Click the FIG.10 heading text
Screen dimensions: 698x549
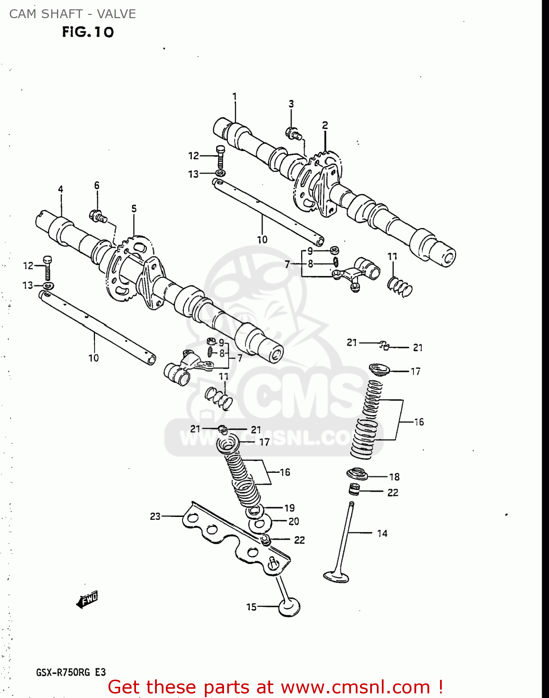(88, 32)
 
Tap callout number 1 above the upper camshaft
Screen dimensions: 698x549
(235, 97)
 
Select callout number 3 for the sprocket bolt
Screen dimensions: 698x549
(291, 104)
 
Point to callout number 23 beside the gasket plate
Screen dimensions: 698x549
(155, 516)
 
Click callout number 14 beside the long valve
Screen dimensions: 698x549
(382, 533)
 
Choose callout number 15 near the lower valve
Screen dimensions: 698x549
(251, 607)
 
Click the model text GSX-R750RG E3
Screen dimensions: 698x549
(71, 672)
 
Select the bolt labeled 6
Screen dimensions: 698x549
(98, 216)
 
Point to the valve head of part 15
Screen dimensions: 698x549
(289, 608)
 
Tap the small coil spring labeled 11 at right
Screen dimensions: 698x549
(400, 286)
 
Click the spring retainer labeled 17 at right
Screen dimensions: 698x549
(382, 370)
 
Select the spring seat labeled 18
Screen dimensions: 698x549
(357, 475)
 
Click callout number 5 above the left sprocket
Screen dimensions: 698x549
(134, 208)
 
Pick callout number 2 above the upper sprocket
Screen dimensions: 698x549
(325, 125)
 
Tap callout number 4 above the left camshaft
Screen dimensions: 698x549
(61, 189)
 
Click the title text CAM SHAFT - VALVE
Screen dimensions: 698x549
(73, 14)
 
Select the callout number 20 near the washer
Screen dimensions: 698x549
(293, 522)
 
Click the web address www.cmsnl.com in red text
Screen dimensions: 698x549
(355, 687)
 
